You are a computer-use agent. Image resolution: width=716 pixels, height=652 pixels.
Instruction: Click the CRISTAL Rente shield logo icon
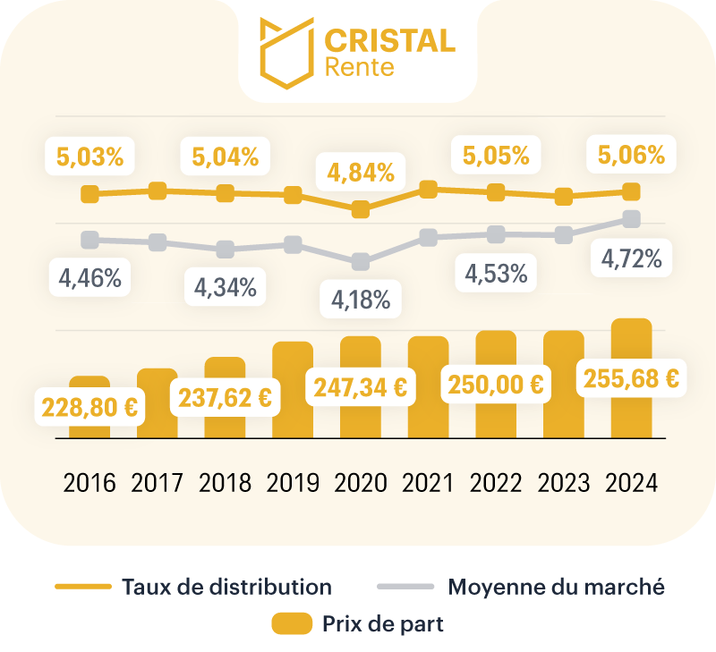pyautogui.click(x=286, y=53)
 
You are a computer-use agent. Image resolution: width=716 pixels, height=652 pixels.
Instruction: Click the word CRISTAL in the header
pyautogui.click(x=388, y=40)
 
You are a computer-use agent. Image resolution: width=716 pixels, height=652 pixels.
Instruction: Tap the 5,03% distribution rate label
pyautogui.click(x=89, y=156)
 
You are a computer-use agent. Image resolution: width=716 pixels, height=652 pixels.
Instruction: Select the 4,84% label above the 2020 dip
pyautogui.click(x=361, y=170)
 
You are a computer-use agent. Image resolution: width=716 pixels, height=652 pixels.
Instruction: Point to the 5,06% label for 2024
pyautogui.click(x=632, y=156)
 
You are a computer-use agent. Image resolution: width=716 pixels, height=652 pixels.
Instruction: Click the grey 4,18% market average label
pyautogui.click(x=361, y=300)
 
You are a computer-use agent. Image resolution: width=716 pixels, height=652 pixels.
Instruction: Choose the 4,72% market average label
pyautogui.click(x=632, y=259)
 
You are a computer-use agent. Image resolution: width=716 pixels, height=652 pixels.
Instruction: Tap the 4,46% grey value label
pyautogui.click(x=89, y=277)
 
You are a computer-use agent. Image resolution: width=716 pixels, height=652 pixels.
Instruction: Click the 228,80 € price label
pyautogui.click(x=89, y=407)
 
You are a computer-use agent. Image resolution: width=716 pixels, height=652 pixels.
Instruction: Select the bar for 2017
pyautogui.click(x=158, y=402)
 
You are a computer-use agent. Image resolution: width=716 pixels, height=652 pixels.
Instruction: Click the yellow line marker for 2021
pyautogui.click(x=428, y=189)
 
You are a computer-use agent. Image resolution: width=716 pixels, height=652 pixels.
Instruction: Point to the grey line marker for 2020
pyautogui.click(x=361, y=262)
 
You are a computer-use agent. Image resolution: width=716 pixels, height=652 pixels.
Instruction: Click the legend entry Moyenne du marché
pyautogui.click(x=556, y=588)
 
